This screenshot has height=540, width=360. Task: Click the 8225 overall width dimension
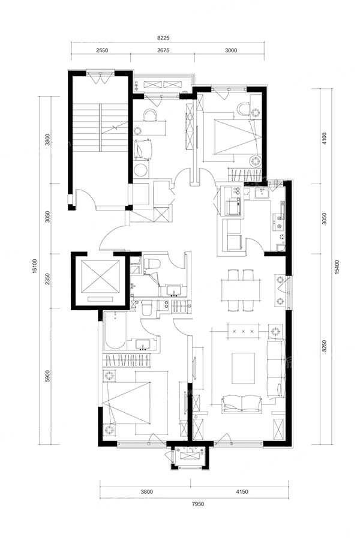click(x=164, y=38)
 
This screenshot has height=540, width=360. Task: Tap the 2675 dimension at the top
click(x=163, y=50)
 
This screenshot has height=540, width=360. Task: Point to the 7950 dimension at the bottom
click(x=198, y=504)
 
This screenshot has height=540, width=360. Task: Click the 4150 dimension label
click(x=242, y=492)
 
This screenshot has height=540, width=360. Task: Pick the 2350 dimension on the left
click(x=48, y=280)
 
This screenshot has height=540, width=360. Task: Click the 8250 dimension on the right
click(x=324, y=346)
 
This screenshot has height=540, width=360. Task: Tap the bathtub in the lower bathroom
click(x=115, y=330)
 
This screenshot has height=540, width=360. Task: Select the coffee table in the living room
click(x=243, y=368)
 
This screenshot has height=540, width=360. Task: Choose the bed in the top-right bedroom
click(x=236, y=136)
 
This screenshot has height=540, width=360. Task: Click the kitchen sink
click(x=263, y=194)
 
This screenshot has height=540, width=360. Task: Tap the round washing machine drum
click(x=140, y=170)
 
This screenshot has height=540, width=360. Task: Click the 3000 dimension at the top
click(x=231, y=50)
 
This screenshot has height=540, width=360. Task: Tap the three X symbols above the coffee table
click(x=243, y=332)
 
